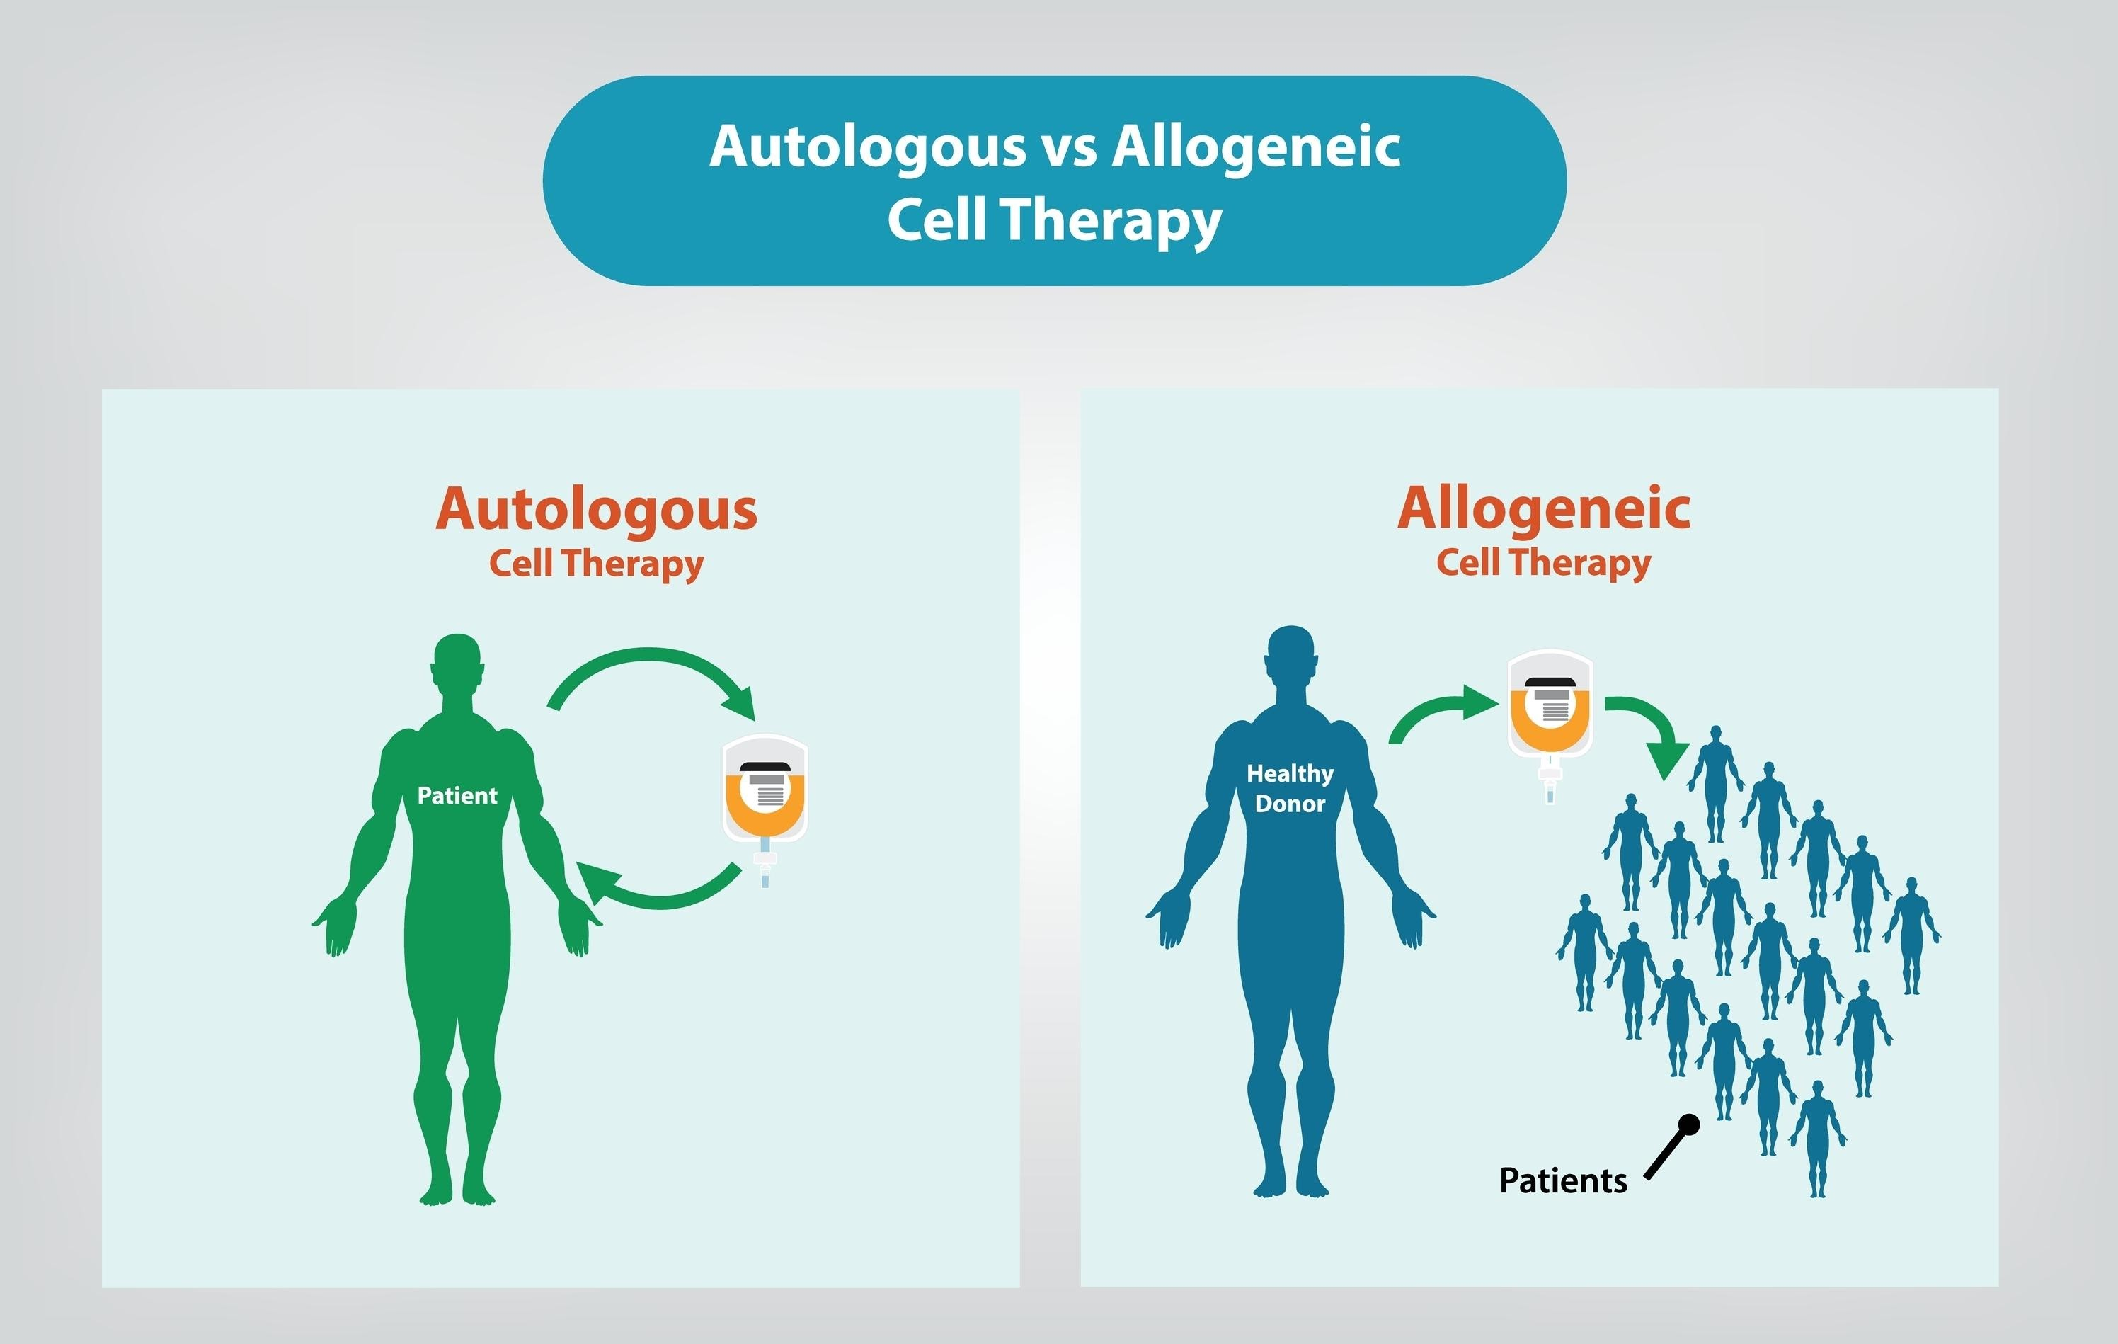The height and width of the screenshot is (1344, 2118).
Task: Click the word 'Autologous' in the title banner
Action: pos(867,146)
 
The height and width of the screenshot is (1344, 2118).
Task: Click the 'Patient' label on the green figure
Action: pos(457,795)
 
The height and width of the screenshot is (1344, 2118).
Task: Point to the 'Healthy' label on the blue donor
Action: pos(1290,773)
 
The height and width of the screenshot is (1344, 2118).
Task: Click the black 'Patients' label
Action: pos(1563,1180)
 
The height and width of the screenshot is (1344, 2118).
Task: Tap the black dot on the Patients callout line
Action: pos(1689,1124)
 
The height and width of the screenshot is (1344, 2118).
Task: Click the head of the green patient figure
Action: pos(457,664)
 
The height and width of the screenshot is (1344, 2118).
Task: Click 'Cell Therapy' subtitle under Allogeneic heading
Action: pos(1544,562)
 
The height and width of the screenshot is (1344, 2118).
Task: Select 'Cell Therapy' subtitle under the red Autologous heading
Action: pos(596,563)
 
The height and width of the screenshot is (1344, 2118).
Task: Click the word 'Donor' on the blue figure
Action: pos(1290,804)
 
